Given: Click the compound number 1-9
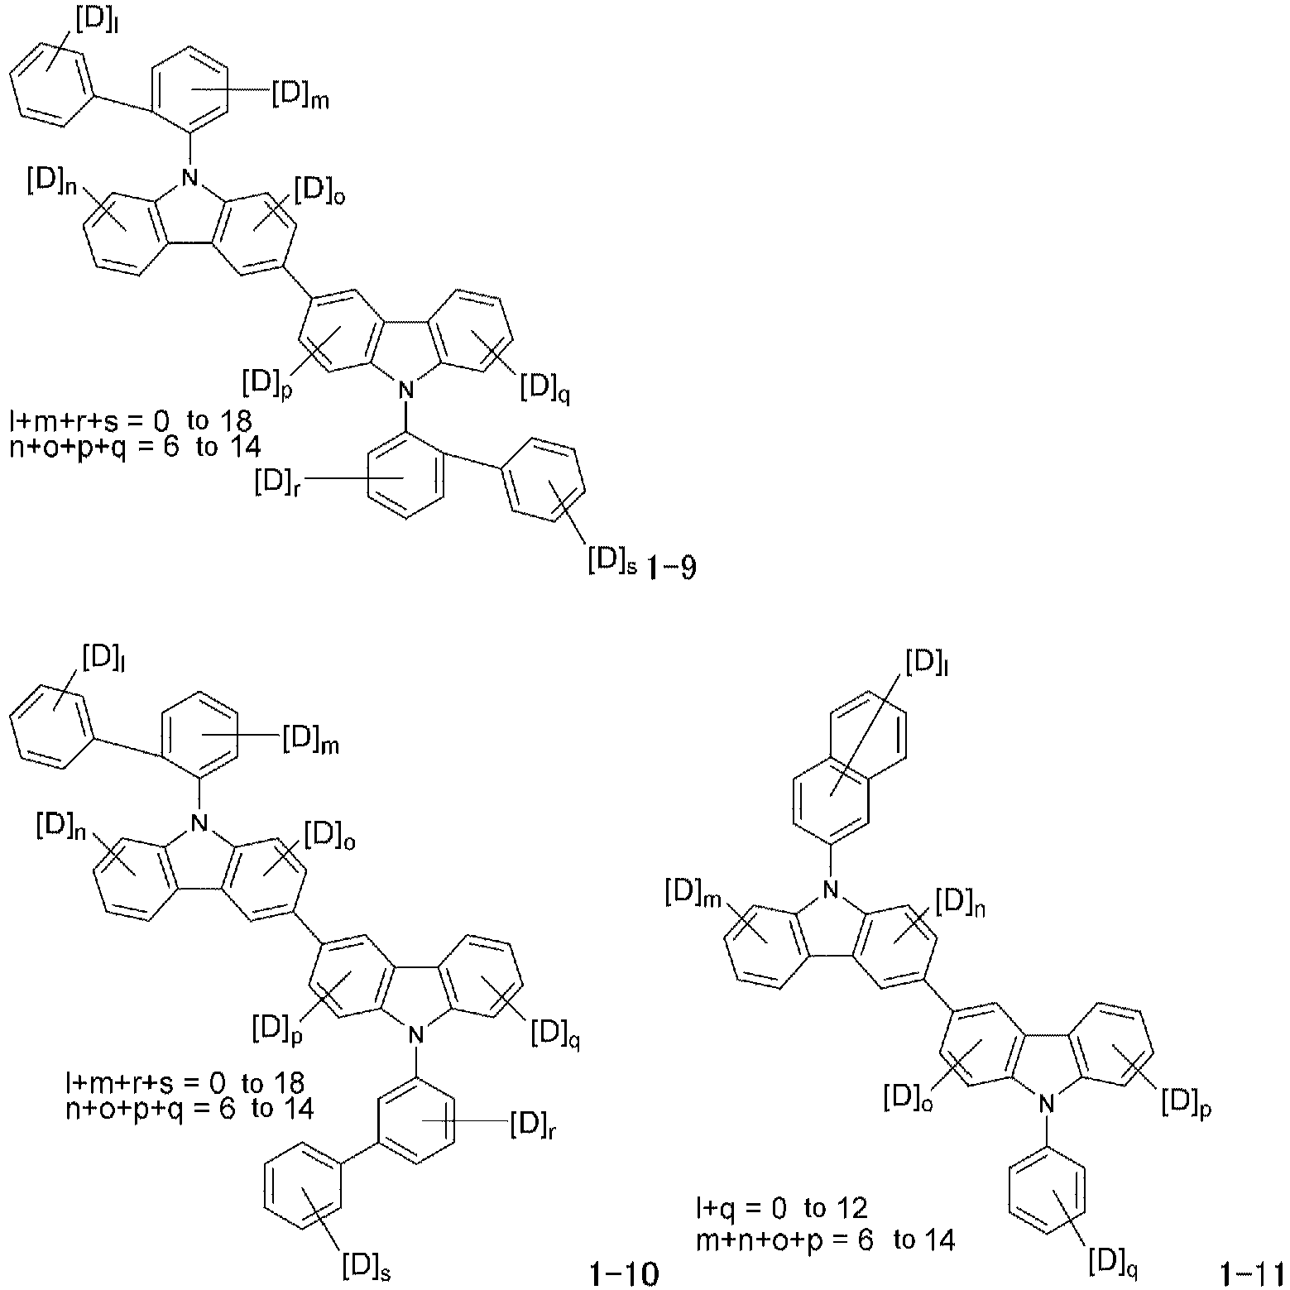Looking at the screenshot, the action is coord(668,569).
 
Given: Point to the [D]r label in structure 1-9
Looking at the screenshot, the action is coord(277,482).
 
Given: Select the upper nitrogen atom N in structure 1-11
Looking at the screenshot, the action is coord(831,890).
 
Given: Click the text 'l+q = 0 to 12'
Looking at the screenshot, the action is coord(782,1209).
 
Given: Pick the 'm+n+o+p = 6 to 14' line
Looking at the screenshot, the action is coord(826,1240).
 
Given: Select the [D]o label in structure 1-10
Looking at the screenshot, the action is coord(330,835).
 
